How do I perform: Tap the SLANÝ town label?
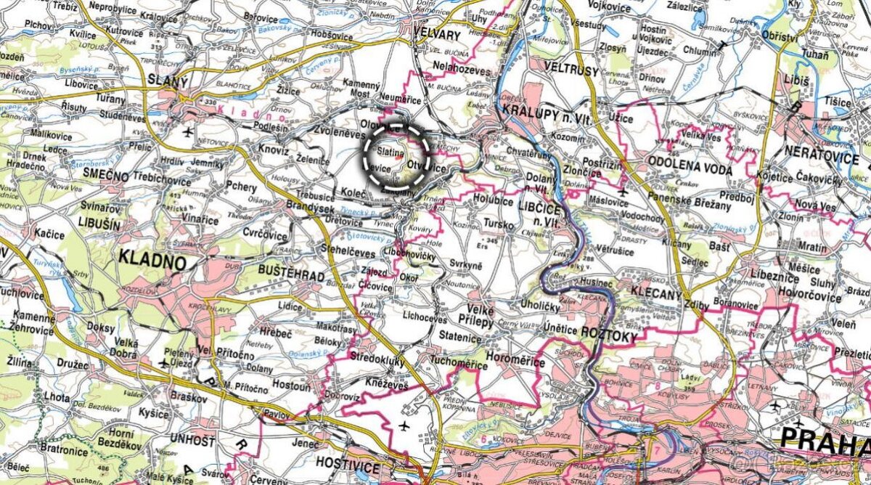click(x=167, y=81)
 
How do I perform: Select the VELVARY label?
click(x=435, y=34)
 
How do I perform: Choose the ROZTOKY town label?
click(x=609, y=337)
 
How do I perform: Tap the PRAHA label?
click(x=825, y=437)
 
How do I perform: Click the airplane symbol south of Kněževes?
click(x=404, y=424)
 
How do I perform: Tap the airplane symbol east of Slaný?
click(x=189, y=132)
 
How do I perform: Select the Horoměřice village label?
click(x=523, y=338)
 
